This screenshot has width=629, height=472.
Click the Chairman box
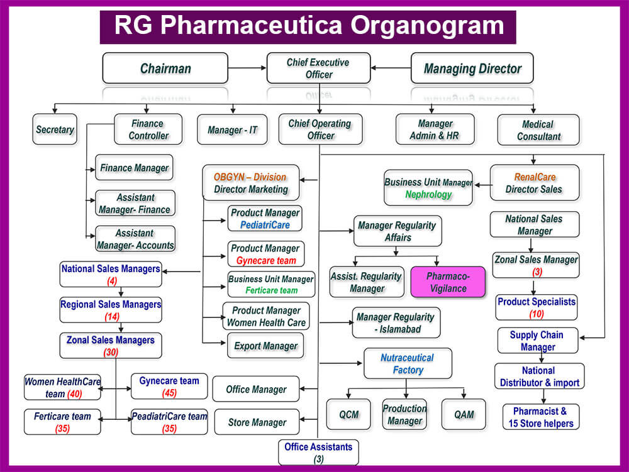165,68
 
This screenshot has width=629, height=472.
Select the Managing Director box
473,68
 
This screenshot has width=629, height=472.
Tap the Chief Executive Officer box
318,68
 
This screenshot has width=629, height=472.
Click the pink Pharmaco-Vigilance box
447,282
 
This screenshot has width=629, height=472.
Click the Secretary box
55,129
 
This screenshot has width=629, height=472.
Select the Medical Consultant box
538,130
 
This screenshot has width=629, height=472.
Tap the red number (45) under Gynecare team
169,393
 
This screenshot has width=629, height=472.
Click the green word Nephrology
428,194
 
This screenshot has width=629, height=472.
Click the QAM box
464,415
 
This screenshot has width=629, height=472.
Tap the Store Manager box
257,422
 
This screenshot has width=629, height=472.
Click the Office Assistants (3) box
318,452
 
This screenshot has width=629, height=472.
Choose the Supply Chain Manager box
537,341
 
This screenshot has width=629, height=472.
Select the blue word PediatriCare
265,224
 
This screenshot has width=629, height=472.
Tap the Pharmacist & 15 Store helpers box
540,417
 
